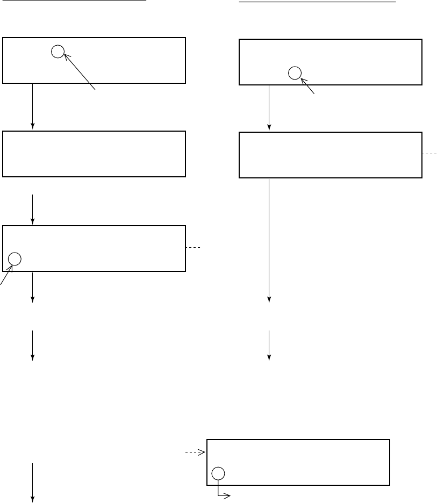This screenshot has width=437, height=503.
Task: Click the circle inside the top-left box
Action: [58, 52]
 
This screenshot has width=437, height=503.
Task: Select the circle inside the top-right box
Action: [294, 73]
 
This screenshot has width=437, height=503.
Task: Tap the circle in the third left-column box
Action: [15, 258]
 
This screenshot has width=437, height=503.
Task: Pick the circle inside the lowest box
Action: [218, 473]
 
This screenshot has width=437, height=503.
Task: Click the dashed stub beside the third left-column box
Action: [193, 248]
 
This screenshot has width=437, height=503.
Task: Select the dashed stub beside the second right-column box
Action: [429, 154]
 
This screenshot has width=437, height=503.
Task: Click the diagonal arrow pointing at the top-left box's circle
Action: [80, 70]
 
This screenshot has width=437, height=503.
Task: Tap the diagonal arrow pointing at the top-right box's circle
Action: [308, 87]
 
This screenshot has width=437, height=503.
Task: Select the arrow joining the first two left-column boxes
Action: [33, 106]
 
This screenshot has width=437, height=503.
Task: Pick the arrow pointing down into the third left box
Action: [33, 209]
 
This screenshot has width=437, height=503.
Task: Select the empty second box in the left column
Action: [94, 154]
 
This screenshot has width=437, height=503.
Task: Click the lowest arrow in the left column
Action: [33, 482]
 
